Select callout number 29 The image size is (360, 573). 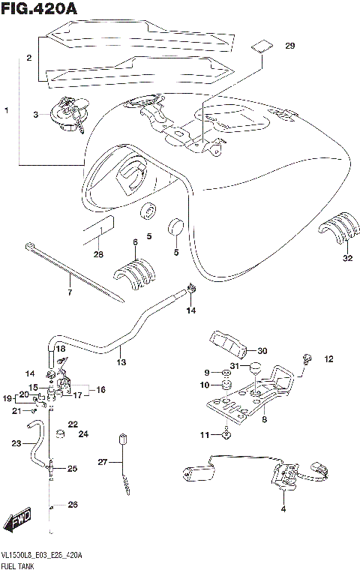click(290, 46)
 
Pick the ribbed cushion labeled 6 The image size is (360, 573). click(135, 271)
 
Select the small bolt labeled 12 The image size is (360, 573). click(307, 358)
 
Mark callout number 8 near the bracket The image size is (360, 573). click(264, 421)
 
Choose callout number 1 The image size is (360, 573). click(6, 111)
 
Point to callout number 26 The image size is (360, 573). click(73, 505)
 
